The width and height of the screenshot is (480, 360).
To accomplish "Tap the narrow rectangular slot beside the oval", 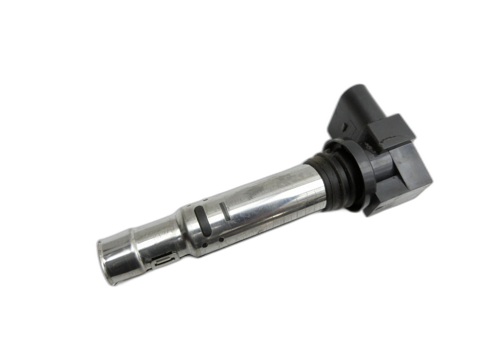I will tap(224, 211).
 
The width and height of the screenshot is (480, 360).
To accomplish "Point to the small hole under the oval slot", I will tap(205, 245).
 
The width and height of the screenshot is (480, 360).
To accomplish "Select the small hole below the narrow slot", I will tap(221, 240).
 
